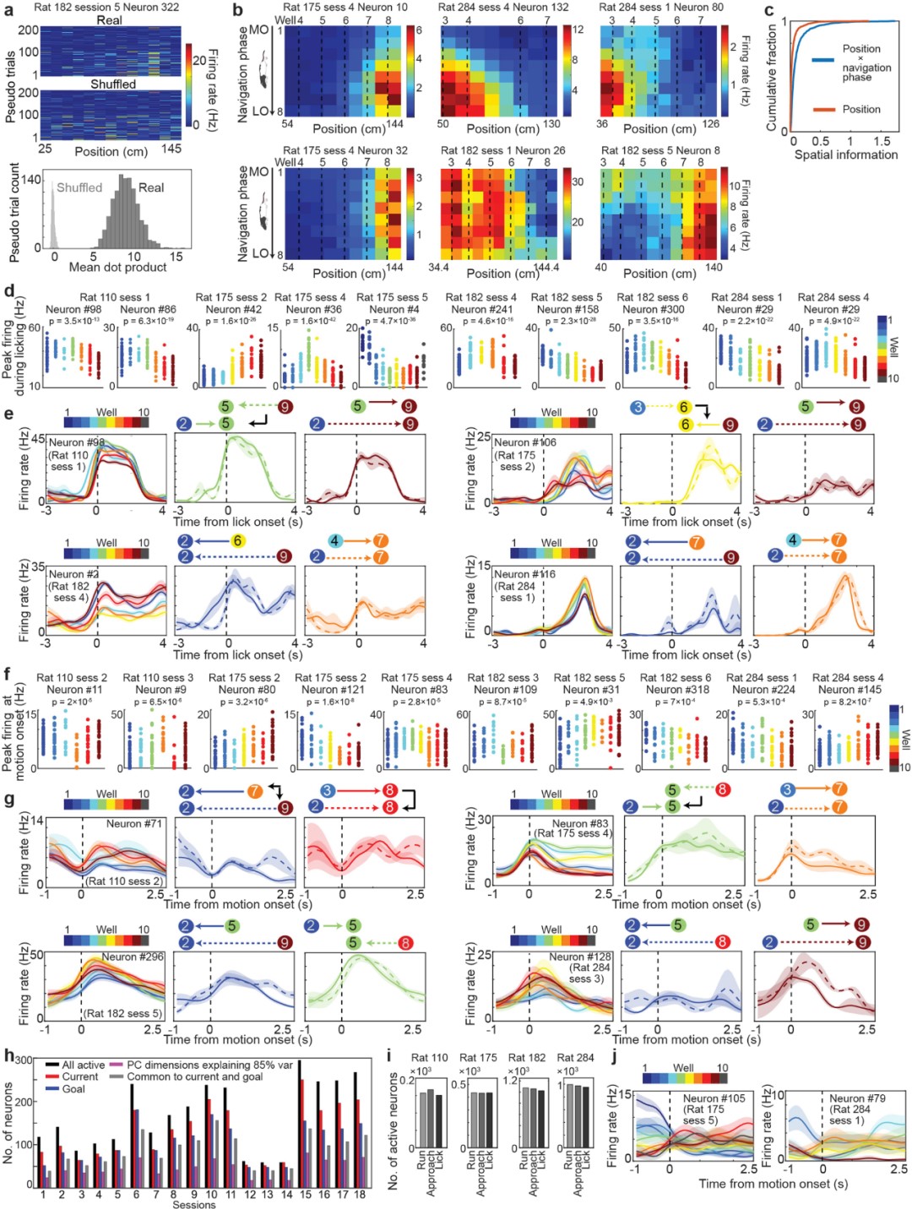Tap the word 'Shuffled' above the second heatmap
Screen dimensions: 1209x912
point(113,84)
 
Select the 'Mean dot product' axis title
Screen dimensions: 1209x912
point(117,267)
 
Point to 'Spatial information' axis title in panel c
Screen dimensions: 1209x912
point(845,155)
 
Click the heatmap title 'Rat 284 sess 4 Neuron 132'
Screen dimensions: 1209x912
point(503,7)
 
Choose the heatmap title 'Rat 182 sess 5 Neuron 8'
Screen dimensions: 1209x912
point(660,150)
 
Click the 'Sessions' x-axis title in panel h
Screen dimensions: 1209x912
point(193,1205)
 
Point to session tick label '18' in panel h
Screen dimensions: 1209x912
point(359,1195)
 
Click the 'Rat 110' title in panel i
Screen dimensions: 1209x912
point(430,1058)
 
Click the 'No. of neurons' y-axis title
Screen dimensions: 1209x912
point(9,1123)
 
